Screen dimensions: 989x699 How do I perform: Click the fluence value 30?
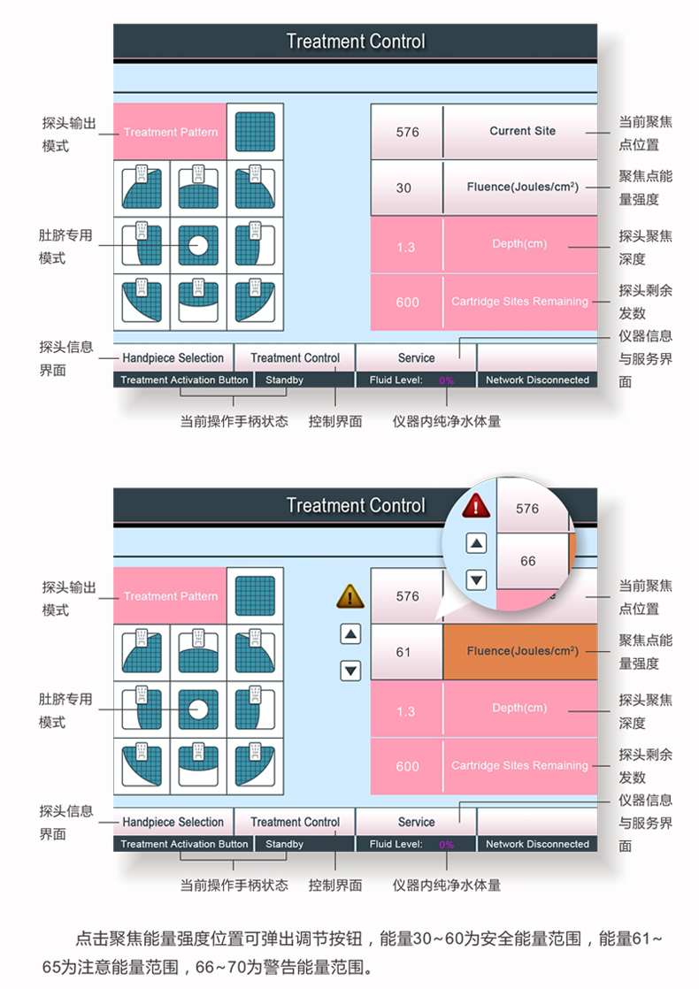(404, 188)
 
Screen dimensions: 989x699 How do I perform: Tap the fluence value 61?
(404, 652)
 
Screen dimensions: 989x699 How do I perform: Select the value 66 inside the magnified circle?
(528, 561)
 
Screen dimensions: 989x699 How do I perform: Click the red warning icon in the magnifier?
(477, 506)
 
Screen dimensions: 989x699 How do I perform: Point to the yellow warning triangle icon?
(350, 597)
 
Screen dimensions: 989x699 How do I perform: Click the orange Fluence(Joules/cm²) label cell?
(523, 652)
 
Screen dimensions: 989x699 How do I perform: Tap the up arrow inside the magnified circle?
(477, 543)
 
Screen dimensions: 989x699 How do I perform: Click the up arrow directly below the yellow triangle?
(351, 633)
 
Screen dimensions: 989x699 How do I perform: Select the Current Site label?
(523, 131)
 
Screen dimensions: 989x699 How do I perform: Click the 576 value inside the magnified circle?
(527, 509)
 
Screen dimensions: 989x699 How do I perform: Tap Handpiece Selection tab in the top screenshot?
(173, 358)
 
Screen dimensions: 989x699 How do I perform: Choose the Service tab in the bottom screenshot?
(416, 822)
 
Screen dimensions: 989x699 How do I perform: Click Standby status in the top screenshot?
(285, 380)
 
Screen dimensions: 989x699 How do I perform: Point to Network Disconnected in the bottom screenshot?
(537, 844)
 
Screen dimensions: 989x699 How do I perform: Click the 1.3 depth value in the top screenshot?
(405, 247)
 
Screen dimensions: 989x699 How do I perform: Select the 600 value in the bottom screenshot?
(407, 766)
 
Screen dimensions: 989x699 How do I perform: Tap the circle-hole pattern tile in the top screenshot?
(198, 244)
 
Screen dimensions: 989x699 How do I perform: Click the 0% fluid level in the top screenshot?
(447, 380)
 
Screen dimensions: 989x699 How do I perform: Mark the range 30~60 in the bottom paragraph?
(436, 937)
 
